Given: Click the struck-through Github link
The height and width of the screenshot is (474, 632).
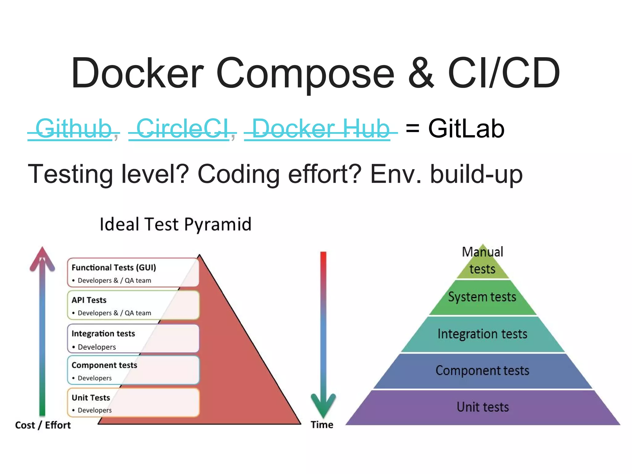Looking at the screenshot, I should (73, 129).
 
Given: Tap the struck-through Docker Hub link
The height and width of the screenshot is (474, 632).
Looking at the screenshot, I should (320, 129).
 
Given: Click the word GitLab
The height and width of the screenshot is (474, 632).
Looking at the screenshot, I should (466, 129).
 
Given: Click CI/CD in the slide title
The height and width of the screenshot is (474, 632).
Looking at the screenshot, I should (504, 73).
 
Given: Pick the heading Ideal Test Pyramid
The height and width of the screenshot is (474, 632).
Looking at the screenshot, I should (175, 224).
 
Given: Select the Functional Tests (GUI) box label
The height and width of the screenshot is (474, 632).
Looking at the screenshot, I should (114, 267).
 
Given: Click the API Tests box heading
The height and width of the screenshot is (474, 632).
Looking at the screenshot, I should (89, 300).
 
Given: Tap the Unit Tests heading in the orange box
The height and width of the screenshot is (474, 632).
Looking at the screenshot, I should (91, 397).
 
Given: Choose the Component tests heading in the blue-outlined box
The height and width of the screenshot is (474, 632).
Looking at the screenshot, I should (104, 365).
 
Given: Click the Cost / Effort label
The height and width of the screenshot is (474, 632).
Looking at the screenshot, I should (43, 425).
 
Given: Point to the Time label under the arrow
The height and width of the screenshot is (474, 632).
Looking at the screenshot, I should (322, 425).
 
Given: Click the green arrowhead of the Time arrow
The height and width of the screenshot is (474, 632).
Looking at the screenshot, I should (323, 405).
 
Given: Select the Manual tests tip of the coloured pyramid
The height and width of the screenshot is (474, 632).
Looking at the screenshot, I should (482, 261).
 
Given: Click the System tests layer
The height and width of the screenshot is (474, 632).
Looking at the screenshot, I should (482, 297).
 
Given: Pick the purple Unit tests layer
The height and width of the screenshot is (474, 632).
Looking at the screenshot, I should (483, 407).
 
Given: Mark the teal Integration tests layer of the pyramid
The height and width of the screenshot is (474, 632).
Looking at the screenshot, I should (482, 334).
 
